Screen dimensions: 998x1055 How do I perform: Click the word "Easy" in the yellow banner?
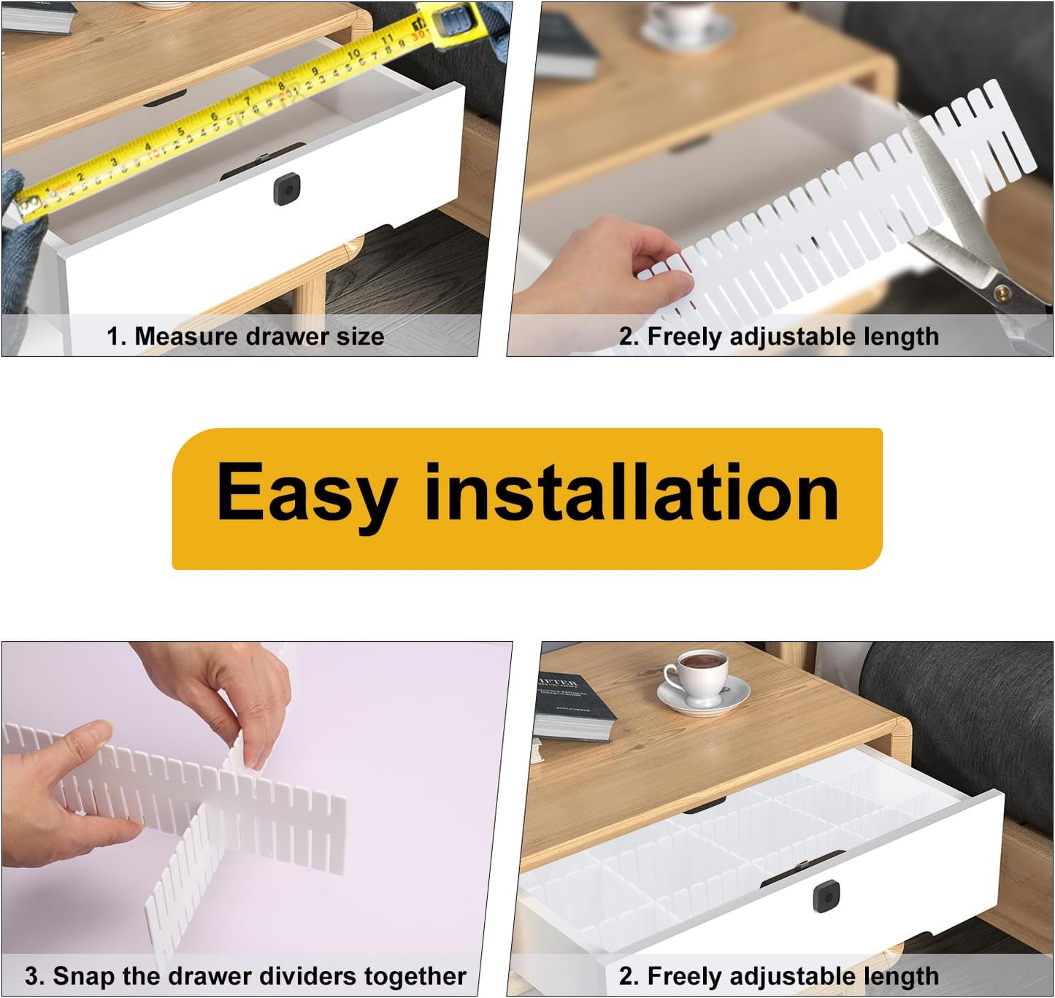[x=306, y=494]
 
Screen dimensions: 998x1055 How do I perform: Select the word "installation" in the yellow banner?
[x=631, y=494]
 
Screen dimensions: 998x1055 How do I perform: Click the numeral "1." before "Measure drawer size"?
[x=117, y=336]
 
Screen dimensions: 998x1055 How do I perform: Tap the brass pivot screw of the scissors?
[x=1002, y=291]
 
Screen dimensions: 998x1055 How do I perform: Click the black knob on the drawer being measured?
[x=285, y=190]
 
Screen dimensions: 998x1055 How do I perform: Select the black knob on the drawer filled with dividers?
[x=826, y=895]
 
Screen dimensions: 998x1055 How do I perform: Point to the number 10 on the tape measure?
[x=353, y=53]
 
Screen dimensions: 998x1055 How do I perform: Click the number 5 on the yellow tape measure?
[x=180, y=132]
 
